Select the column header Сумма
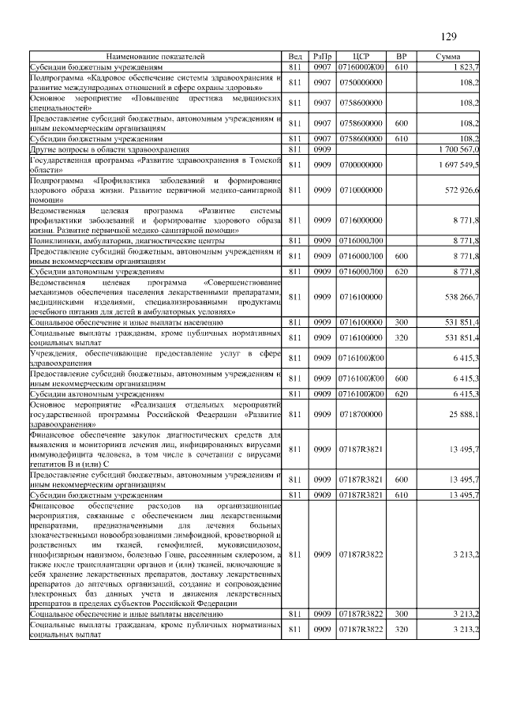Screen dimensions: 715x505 point(448,57)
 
